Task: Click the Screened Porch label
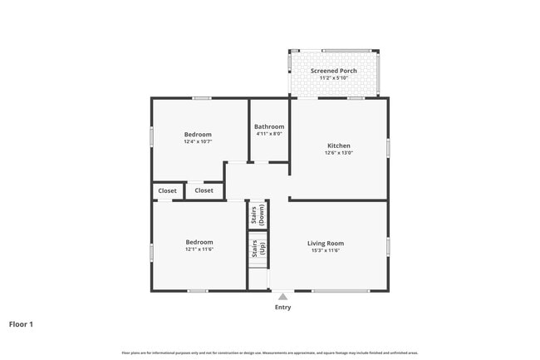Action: (334, 71)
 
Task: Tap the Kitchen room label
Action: (339, 145)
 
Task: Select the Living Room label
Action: (327, 243)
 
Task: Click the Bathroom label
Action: (269, 126)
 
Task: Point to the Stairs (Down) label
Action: (258, 215)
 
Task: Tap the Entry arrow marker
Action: (282, 296)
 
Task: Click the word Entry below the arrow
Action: (282, 308)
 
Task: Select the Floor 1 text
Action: (21, 324)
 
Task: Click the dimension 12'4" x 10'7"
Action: (198, 141)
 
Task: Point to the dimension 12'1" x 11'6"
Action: (199, 249)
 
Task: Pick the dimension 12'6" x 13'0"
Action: (339, 152)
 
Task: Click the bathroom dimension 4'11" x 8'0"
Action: (269, 134)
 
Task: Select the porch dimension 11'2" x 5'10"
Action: (334, 78)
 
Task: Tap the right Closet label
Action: (204, 190)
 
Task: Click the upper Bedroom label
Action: (198, 134)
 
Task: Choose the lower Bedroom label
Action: (199, 242)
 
